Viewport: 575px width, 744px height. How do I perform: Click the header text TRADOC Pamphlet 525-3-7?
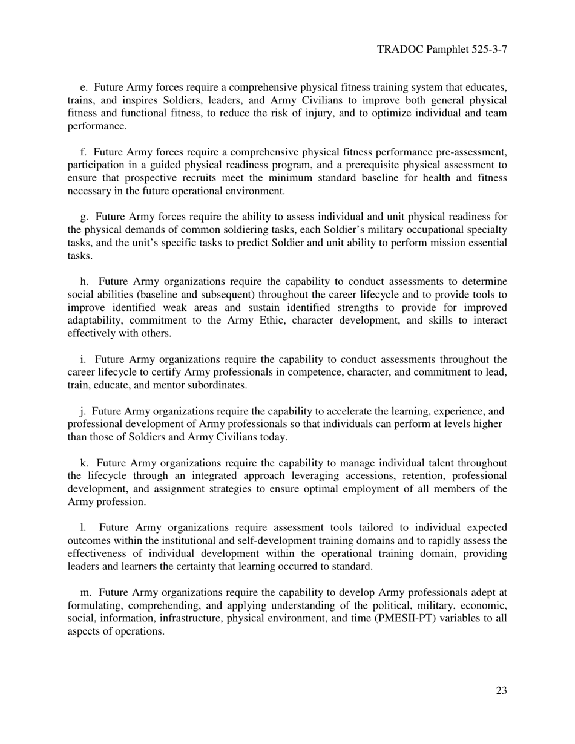(x=441, y=49)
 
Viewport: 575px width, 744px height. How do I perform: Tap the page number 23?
(x=501, y=691)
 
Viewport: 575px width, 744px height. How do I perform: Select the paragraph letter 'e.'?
(x=84, y=87)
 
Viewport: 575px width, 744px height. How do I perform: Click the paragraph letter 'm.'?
(x=87, y=592)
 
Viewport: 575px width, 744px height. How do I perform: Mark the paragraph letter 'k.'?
(x=85, y=463)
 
